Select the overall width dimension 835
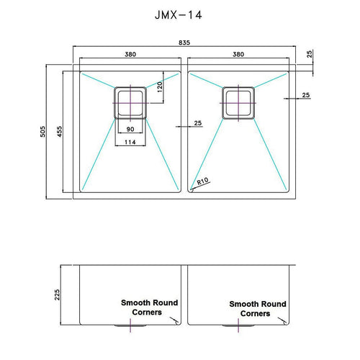184,43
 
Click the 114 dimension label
130,141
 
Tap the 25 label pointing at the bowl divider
198,123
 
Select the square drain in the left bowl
130,102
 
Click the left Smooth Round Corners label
149,307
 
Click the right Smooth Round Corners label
257,309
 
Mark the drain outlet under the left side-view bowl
130,326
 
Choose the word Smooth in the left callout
135,303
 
